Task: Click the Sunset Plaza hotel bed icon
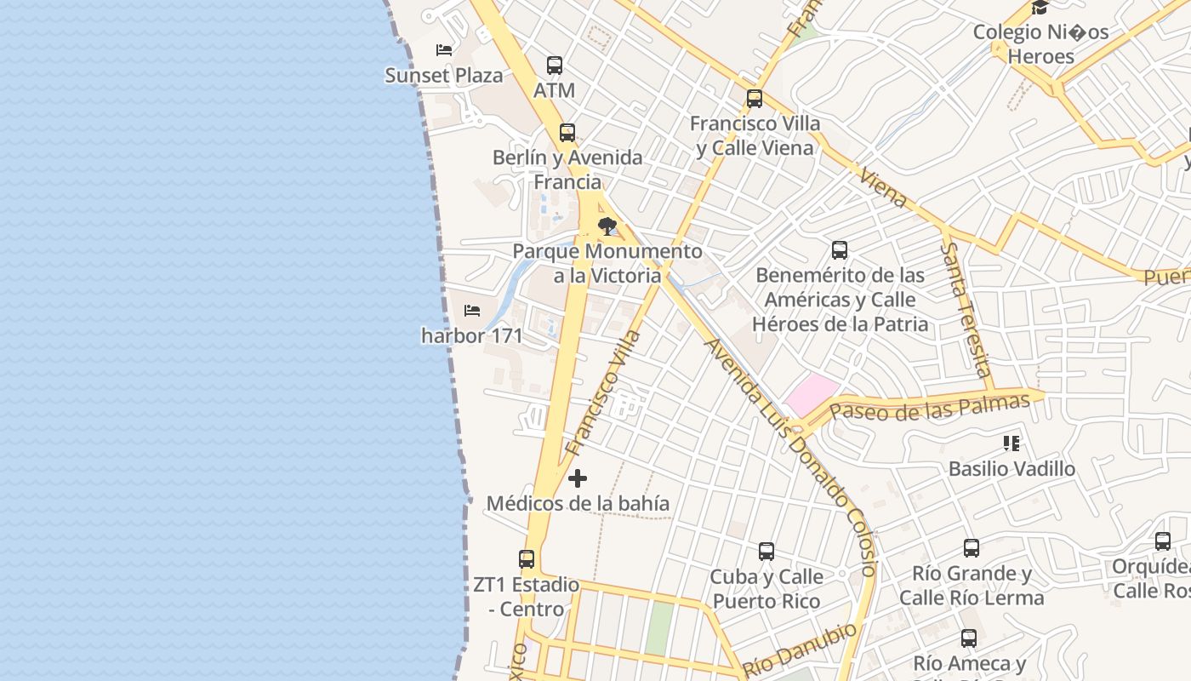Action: [x=443, y=49]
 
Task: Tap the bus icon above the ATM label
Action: [x=555, y=65]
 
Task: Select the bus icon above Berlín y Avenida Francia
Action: [x=567, y=133]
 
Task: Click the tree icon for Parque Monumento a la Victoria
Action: [x=607, y=226]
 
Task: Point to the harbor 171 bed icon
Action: [x=472, y=311]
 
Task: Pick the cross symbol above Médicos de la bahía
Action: [x=578, y=478]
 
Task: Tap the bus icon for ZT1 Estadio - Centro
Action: [x=527, y=559]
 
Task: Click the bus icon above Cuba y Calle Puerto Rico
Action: [x=766, y=552]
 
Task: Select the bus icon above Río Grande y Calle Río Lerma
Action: [x=972, y=548]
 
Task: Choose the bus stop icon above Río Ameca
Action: [x=969, y=638]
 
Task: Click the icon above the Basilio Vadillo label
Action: [x=1011, y=444]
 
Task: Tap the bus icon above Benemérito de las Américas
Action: [x=840, y=250]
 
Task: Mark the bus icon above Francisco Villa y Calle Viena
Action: [x=755, y=99]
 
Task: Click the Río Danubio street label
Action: [x=800, y=650]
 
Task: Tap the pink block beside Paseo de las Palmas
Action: [x=812, y=395]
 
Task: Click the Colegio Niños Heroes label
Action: [x=1040, y=44]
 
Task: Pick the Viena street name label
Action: [x=884, y=188]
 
